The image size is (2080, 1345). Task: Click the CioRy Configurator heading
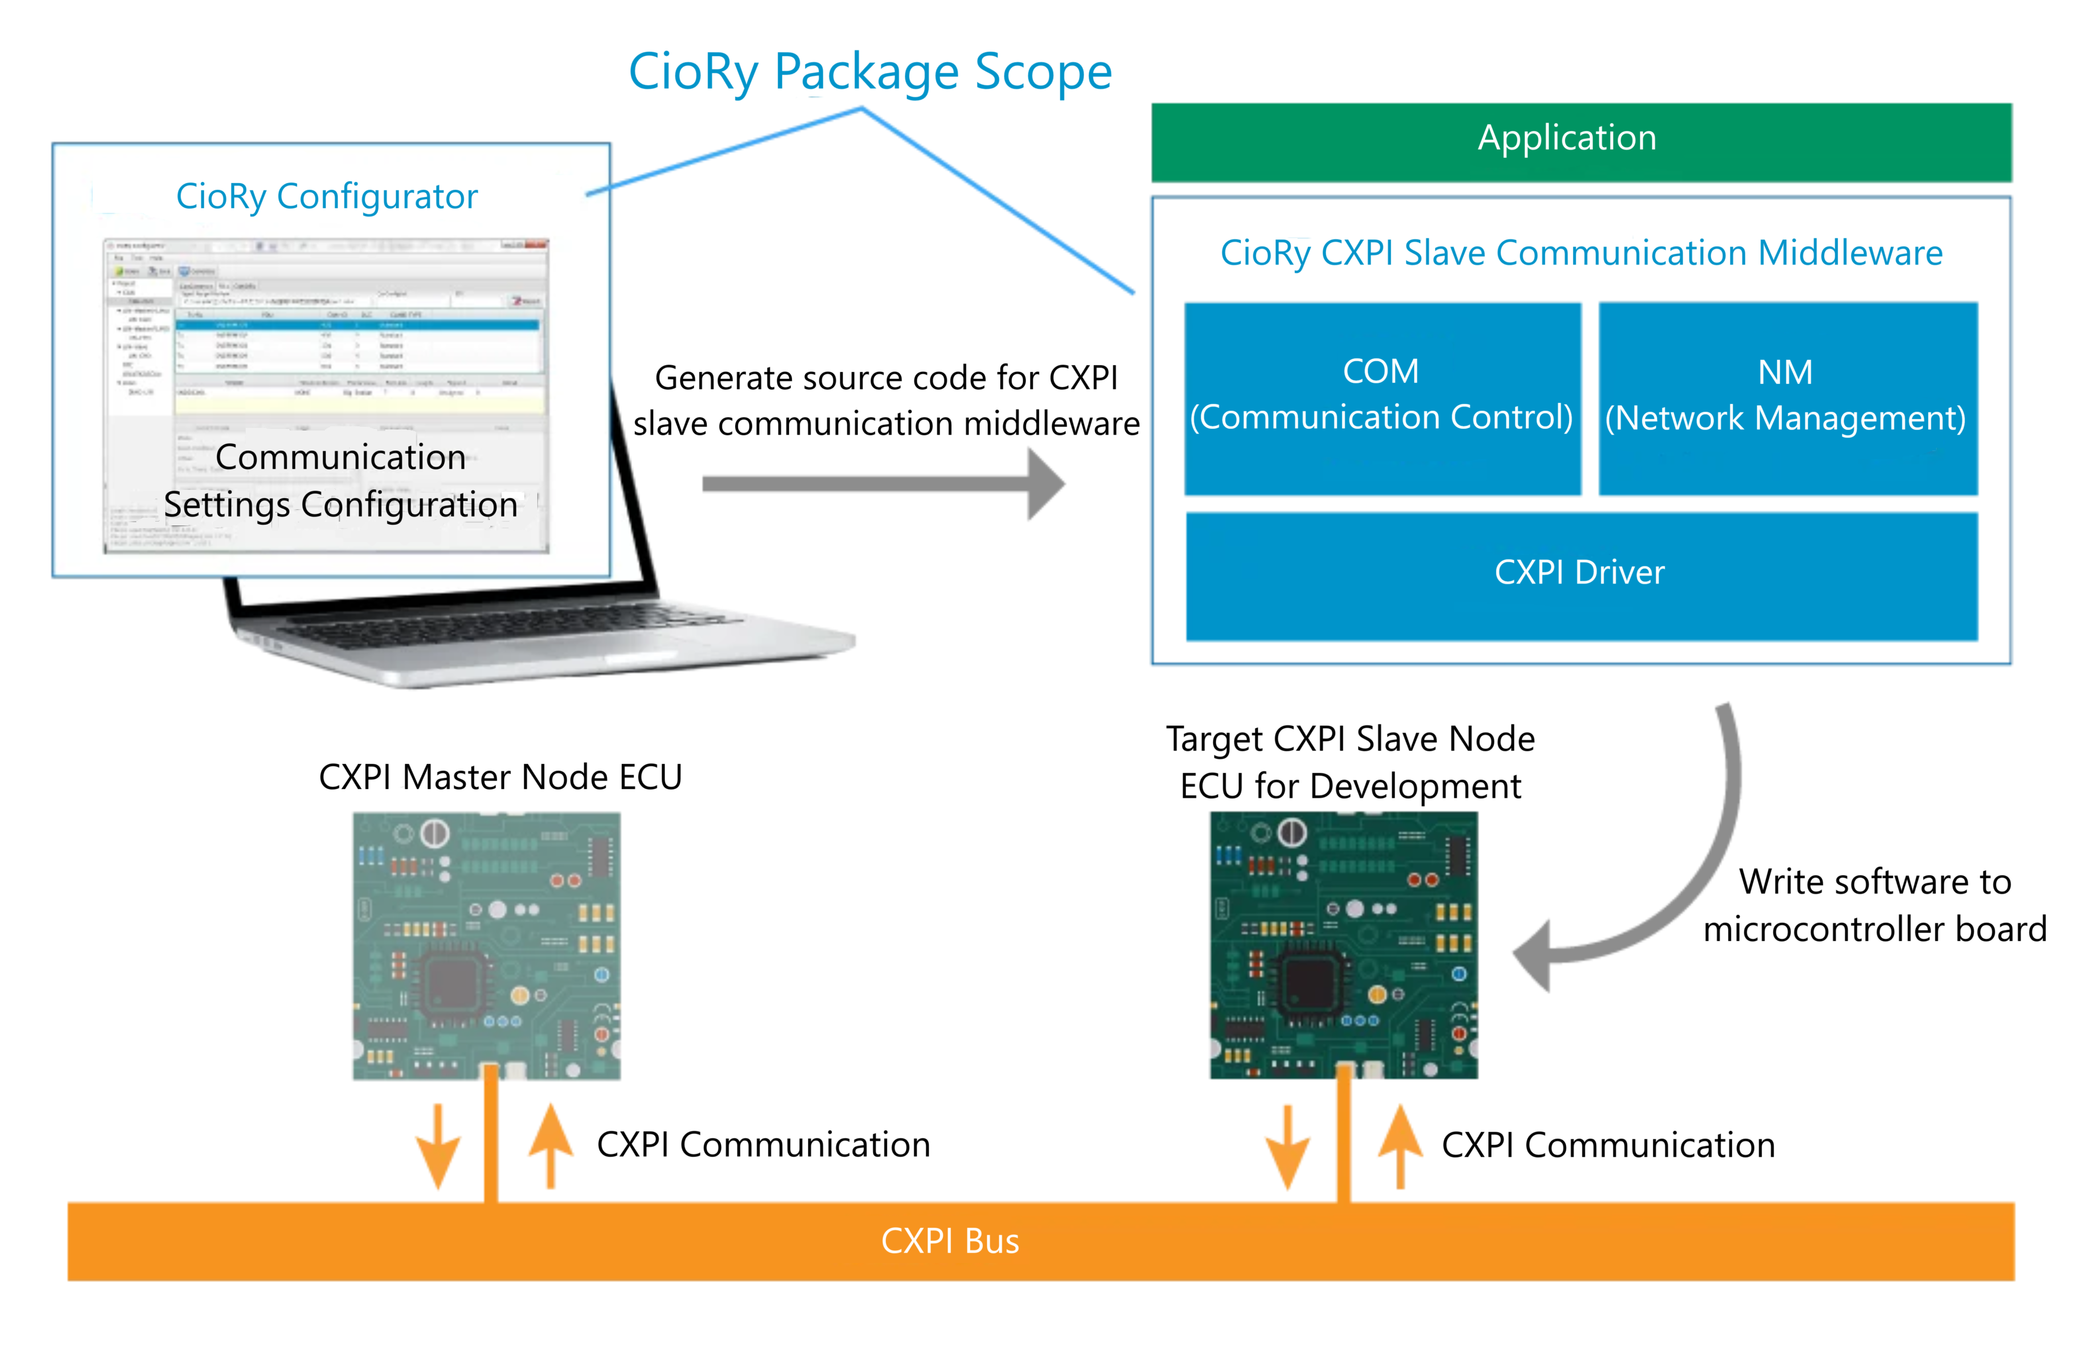(327, 197)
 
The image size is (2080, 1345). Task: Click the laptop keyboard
(507, 625)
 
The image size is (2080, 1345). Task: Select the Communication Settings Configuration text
(341, 480)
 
